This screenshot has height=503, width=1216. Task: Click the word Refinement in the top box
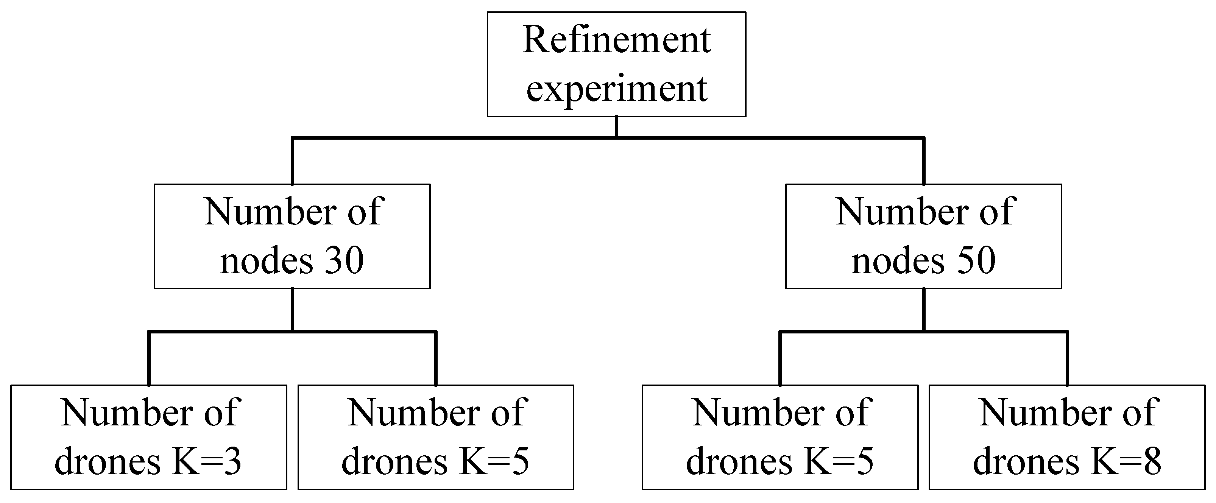coord(616,40)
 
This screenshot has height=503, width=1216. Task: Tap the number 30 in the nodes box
coord(344,260)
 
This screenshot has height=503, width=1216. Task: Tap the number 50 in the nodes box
coord(976,260)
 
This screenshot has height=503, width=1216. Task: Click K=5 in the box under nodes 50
coord(839,461)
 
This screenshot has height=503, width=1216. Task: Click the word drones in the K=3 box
coord(108,461)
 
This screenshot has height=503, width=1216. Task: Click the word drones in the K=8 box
coord(1026,461)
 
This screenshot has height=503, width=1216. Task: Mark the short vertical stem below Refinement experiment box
coord(616,126)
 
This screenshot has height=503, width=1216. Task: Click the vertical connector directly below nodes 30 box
coord(293,309)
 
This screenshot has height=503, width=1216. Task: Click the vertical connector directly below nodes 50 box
coord(924,309)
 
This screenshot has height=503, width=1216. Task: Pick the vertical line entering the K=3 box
coord(149,359)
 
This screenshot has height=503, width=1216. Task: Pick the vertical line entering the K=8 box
coord(1067,359)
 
